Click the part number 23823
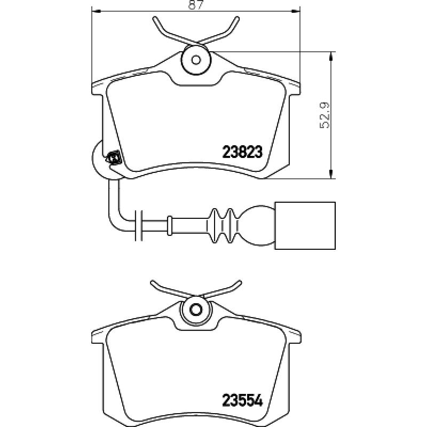coord(242,152)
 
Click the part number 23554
coord(243,400)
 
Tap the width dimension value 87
coord(196,5)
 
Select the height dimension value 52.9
coord(326,115)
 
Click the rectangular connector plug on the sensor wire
coord(305,225)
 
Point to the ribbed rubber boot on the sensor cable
coord(223,226)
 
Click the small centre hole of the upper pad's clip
coord(196,60)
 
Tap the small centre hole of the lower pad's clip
coord(195,310)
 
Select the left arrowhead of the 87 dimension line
coord(97,11)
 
